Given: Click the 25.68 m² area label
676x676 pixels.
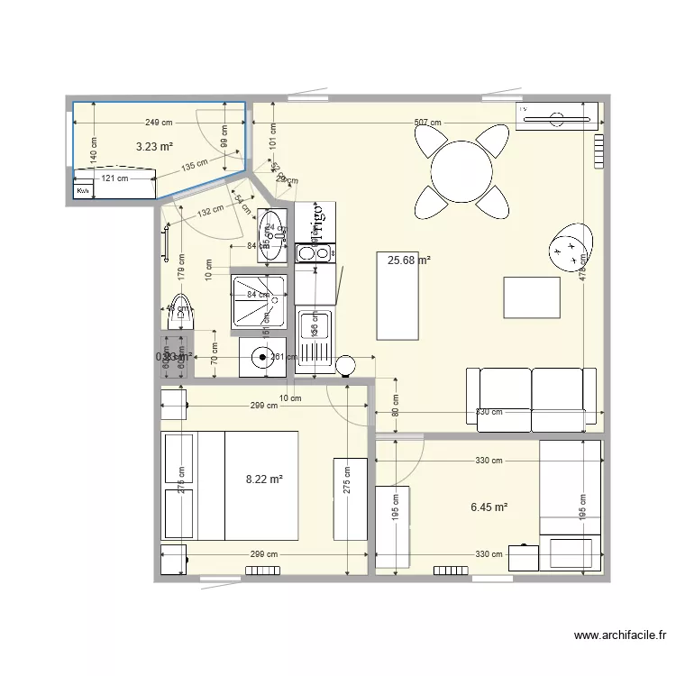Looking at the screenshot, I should [x=408, y=260].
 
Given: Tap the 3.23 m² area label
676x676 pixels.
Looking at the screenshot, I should [x=154, y=145].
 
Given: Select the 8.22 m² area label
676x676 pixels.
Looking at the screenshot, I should [x=265, y=480].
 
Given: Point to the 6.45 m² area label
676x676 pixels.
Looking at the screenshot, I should [x=489, y=508].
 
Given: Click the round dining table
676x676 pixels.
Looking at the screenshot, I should [x=461, y=169].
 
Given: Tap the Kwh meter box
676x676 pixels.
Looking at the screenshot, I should [x=83, y=191].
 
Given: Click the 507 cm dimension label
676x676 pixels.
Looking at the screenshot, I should [x=428, y=123].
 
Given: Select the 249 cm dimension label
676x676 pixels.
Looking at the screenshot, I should [x=159, y=123].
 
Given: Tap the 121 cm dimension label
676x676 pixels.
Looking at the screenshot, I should [x=114, y=178].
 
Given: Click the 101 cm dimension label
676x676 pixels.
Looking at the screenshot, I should [x=272, y=137].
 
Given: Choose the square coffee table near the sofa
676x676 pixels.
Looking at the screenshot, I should [x=531, y=297].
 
